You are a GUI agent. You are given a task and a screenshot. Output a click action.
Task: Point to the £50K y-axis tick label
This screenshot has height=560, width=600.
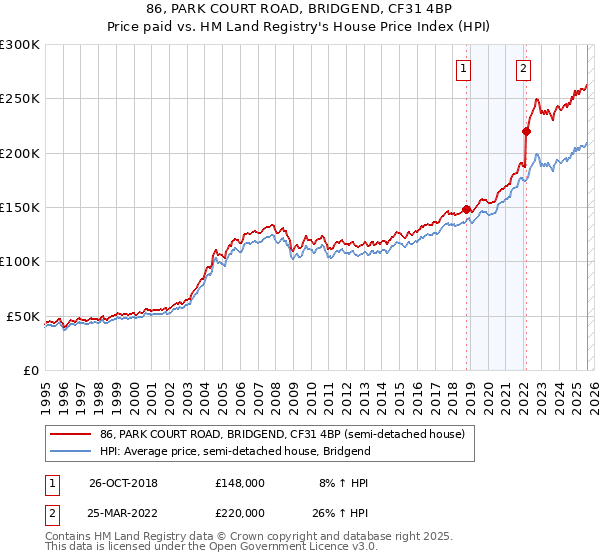pos(22,316)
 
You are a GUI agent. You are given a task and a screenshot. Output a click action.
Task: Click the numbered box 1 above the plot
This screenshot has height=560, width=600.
pos(465,69)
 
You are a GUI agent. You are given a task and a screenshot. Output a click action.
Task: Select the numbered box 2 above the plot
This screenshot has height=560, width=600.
pos(524,69)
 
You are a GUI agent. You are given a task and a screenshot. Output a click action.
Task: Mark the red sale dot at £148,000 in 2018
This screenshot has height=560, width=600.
pos(466,210)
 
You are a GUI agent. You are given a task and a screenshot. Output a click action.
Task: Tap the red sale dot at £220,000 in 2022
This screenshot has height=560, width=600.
pos(526,131)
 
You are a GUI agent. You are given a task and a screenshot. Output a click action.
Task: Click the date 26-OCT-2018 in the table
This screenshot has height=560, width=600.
pos(123,482)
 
